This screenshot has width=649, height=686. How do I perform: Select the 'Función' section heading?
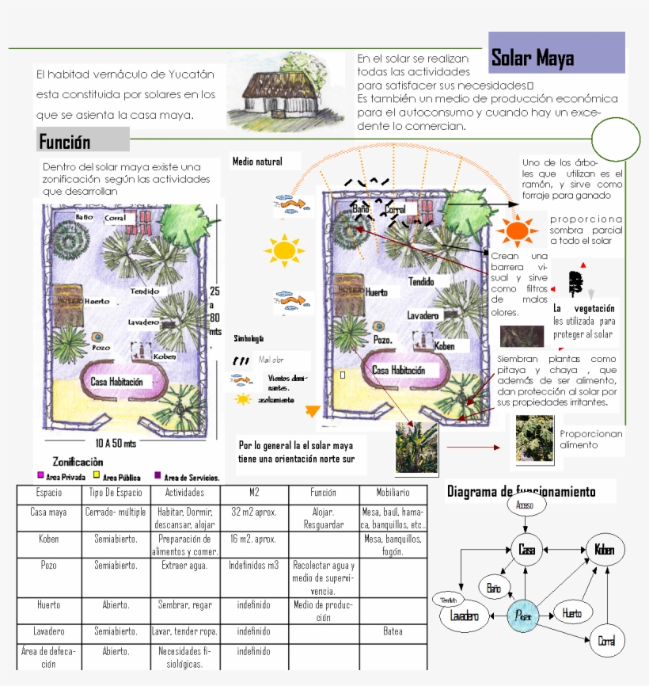[x=83, y=140]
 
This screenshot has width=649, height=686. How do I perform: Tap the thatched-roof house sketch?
[x=287, y=93]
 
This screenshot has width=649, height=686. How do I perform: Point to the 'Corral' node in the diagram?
[x=606, y=641]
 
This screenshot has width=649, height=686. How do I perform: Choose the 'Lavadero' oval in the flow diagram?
[x=465, y=616]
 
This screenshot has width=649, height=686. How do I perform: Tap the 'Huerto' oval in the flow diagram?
[x=571, y=613]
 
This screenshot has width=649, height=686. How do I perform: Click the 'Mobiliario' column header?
[x=393, y=493]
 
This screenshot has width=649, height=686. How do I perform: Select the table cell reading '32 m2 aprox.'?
[x=254, y=513]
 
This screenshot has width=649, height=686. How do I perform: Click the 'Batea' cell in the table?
[x=393, y=631]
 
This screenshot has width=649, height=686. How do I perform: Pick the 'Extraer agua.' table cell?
[x=184, y=566]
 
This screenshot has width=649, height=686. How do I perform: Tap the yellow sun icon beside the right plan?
[x=283, y=250]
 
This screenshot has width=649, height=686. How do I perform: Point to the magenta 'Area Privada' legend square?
[x=40, y=475]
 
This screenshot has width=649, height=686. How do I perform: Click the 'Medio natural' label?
[x=256, y=162]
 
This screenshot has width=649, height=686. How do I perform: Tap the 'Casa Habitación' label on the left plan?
[x=117, y=381]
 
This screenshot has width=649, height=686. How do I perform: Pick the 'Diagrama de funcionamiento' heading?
[x=531, y=492]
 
